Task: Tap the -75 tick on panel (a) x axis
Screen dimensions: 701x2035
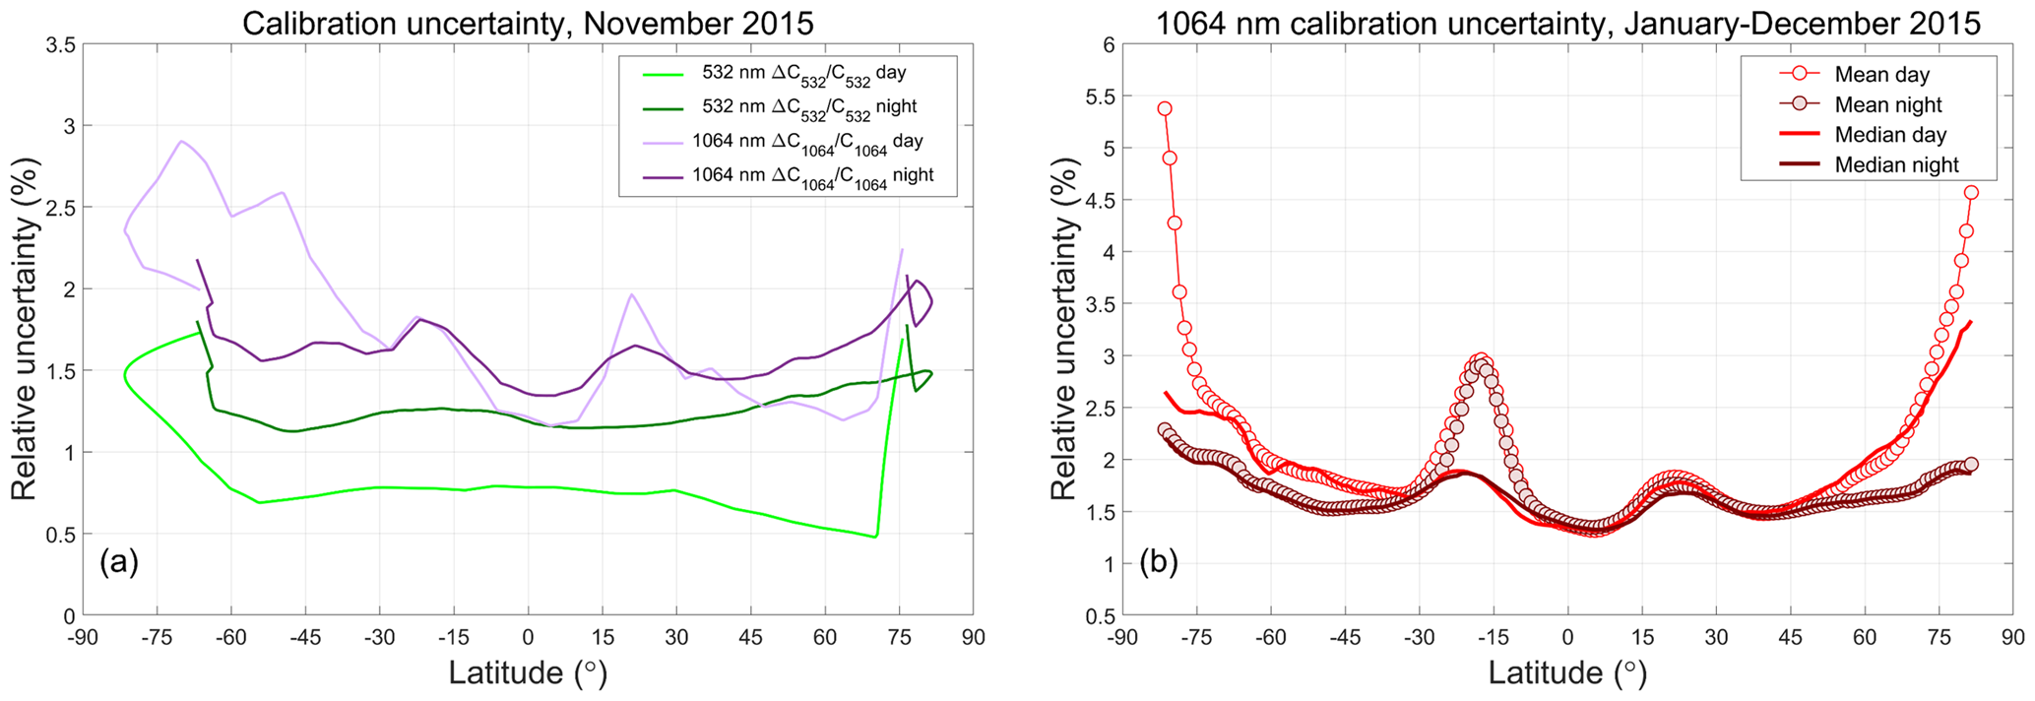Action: point(158,637)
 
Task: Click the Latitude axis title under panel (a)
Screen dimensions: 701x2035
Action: point(528,673)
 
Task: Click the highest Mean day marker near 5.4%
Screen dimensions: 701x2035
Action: point(1165,108)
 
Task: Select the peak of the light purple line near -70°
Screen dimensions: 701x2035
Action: point(181,141)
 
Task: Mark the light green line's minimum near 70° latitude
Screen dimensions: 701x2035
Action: point(875,537)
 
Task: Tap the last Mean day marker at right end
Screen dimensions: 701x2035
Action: point(1971,193)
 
